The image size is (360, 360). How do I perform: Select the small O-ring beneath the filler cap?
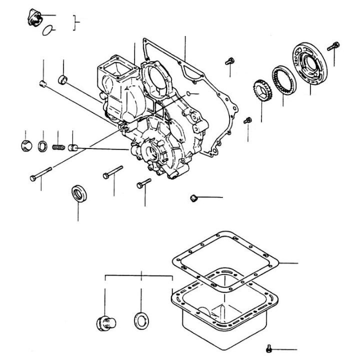pos(47,30)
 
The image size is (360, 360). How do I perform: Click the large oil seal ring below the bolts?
pos(78,193)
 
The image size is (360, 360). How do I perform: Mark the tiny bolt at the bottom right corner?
pos(269,348)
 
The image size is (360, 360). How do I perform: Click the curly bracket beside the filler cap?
pos(75,23)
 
